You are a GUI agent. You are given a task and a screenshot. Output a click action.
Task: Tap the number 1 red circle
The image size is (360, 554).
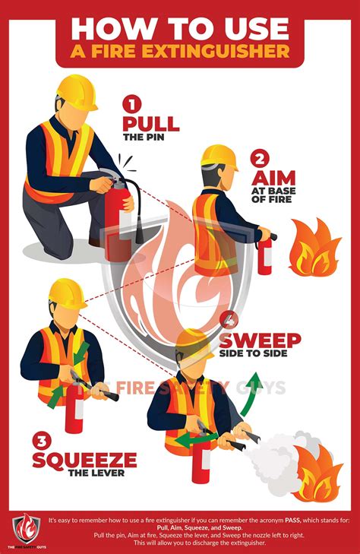click(x=133, y=102)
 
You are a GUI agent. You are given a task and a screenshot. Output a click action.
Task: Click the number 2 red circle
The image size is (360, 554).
click(x=261, y=160)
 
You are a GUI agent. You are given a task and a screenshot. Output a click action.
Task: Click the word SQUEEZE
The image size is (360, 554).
click(x=84, y=460)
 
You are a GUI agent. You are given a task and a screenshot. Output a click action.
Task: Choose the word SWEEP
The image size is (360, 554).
click(x=260, y=340)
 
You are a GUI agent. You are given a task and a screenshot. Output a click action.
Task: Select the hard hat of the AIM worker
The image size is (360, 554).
click(x=219, y=157)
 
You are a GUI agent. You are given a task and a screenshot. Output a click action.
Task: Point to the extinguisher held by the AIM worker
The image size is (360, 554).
click(x=264, y=255)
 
